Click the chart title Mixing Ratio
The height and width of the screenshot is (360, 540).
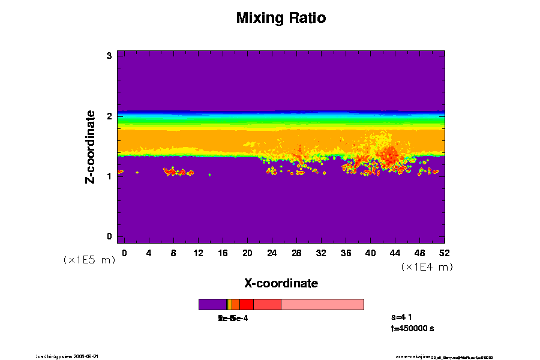pos(281,18)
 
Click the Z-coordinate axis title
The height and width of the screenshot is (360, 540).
pos(91,146)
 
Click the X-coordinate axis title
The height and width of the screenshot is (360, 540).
pos(281,283)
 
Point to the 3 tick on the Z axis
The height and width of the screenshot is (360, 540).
pos(110,56)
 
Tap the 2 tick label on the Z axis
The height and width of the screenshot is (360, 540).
pos(110,116)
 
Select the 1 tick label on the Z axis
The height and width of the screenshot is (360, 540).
pos(110,176)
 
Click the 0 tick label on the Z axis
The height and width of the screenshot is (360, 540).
pos(110,236)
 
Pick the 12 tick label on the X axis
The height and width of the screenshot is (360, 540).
pos(198,253)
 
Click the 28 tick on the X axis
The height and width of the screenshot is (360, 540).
pos(296,253)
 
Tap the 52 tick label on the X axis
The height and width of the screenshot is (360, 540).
pos(445,253)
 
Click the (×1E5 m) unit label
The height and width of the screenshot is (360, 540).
pos(89,260)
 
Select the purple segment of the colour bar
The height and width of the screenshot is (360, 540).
pos(212,304)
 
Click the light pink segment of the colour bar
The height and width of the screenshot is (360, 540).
pos(322,304)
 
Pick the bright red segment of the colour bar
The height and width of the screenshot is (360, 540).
pos(246,304)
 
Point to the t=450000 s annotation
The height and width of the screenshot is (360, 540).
pos(412,329)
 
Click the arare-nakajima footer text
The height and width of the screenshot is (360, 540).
pos(413,356)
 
